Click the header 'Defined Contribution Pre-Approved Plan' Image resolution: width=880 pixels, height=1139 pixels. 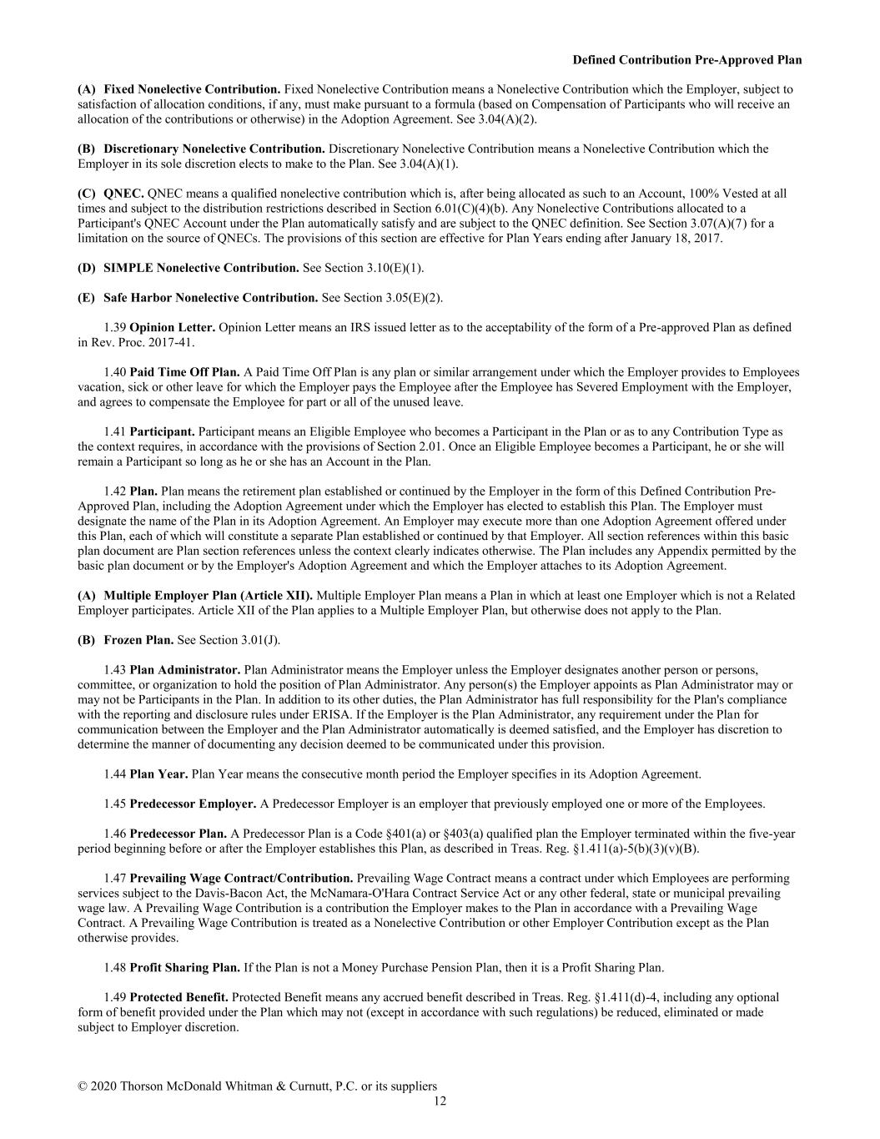tap(687, 60)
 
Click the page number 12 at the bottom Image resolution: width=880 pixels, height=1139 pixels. tap(440, 1101)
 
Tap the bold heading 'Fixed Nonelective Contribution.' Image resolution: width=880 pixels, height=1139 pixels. tap(192, 89)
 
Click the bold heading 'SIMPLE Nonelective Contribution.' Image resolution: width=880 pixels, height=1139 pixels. tap(201, 268)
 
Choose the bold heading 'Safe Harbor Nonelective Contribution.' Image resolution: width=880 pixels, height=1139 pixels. tap(210, 298)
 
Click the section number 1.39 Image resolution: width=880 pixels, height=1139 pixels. tap(115, 328)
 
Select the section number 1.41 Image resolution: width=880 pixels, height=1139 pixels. tap(115, 432)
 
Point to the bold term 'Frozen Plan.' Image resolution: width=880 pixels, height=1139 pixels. tap(138, 640)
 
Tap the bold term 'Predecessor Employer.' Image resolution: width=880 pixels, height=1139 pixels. tap(193, 804)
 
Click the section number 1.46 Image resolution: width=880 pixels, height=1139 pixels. tap(115, 834)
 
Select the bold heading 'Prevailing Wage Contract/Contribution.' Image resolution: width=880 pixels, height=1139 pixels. tap(241, 879)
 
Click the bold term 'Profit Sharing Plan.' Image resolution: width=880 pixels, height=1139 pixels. tap(184, 968)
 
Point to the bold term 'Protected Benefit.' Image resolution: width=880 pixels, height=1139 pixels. tap(179, 998)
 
